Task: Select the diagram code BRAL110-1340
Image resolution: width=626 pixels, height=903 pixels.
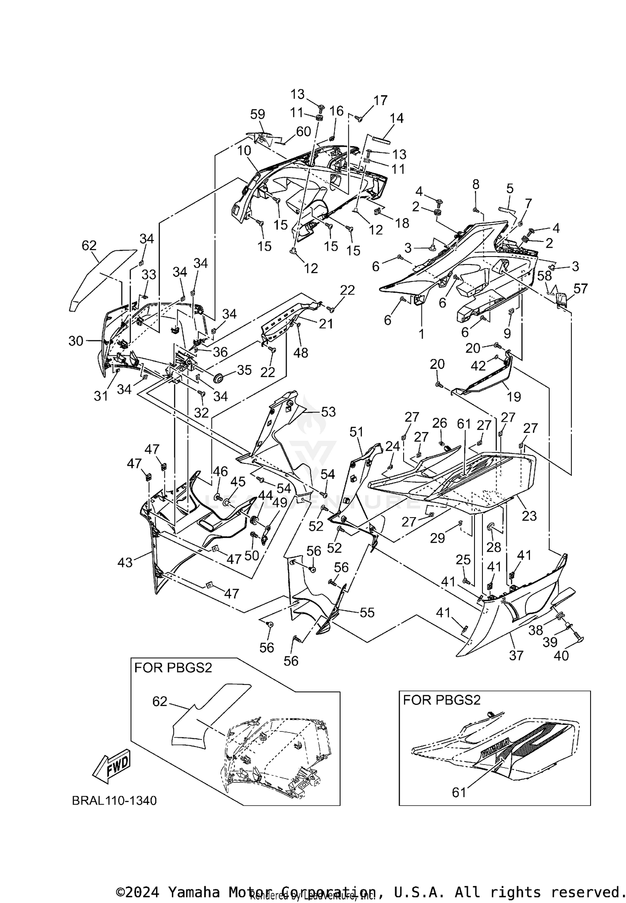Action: click(114, 800)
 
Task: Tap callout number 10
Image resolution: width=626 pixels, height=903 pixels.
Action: click(245, 151)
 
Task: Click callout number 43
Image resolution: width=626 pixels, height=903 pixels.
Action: click(125, 563)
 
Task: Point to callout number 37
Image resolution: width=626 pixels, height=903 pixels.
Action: click(516, 655)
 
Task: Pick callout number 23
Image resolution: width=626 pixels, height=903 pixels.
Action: click(529, 516)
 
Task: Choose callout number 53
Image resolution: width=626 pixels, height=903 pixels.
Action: click(328, 412)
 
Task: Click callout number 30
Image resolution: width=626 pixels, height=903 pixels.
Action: click(76, 341)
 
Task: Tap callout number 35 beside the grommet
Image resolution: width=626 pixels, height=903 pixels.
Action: click(245, 370)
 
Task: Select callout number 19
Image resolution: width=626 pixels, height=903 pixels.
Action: click(514, 396)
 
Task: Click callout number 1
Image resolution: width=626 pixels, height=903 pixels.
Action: click(422, 334)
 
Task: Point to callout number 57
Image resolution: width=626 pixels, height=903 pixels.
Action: click(581, 288)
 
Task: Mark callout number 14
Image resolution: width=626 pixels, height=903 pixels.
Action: click(396, 118)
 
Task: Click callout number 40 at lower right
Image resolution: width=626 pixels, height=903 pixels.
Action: click(561, 656)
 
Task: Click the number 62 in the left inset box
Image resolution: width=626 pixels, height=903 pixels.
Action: click(160, 702)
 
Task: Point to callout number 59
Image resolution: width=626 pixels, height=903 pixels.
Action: click(258, 114)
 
